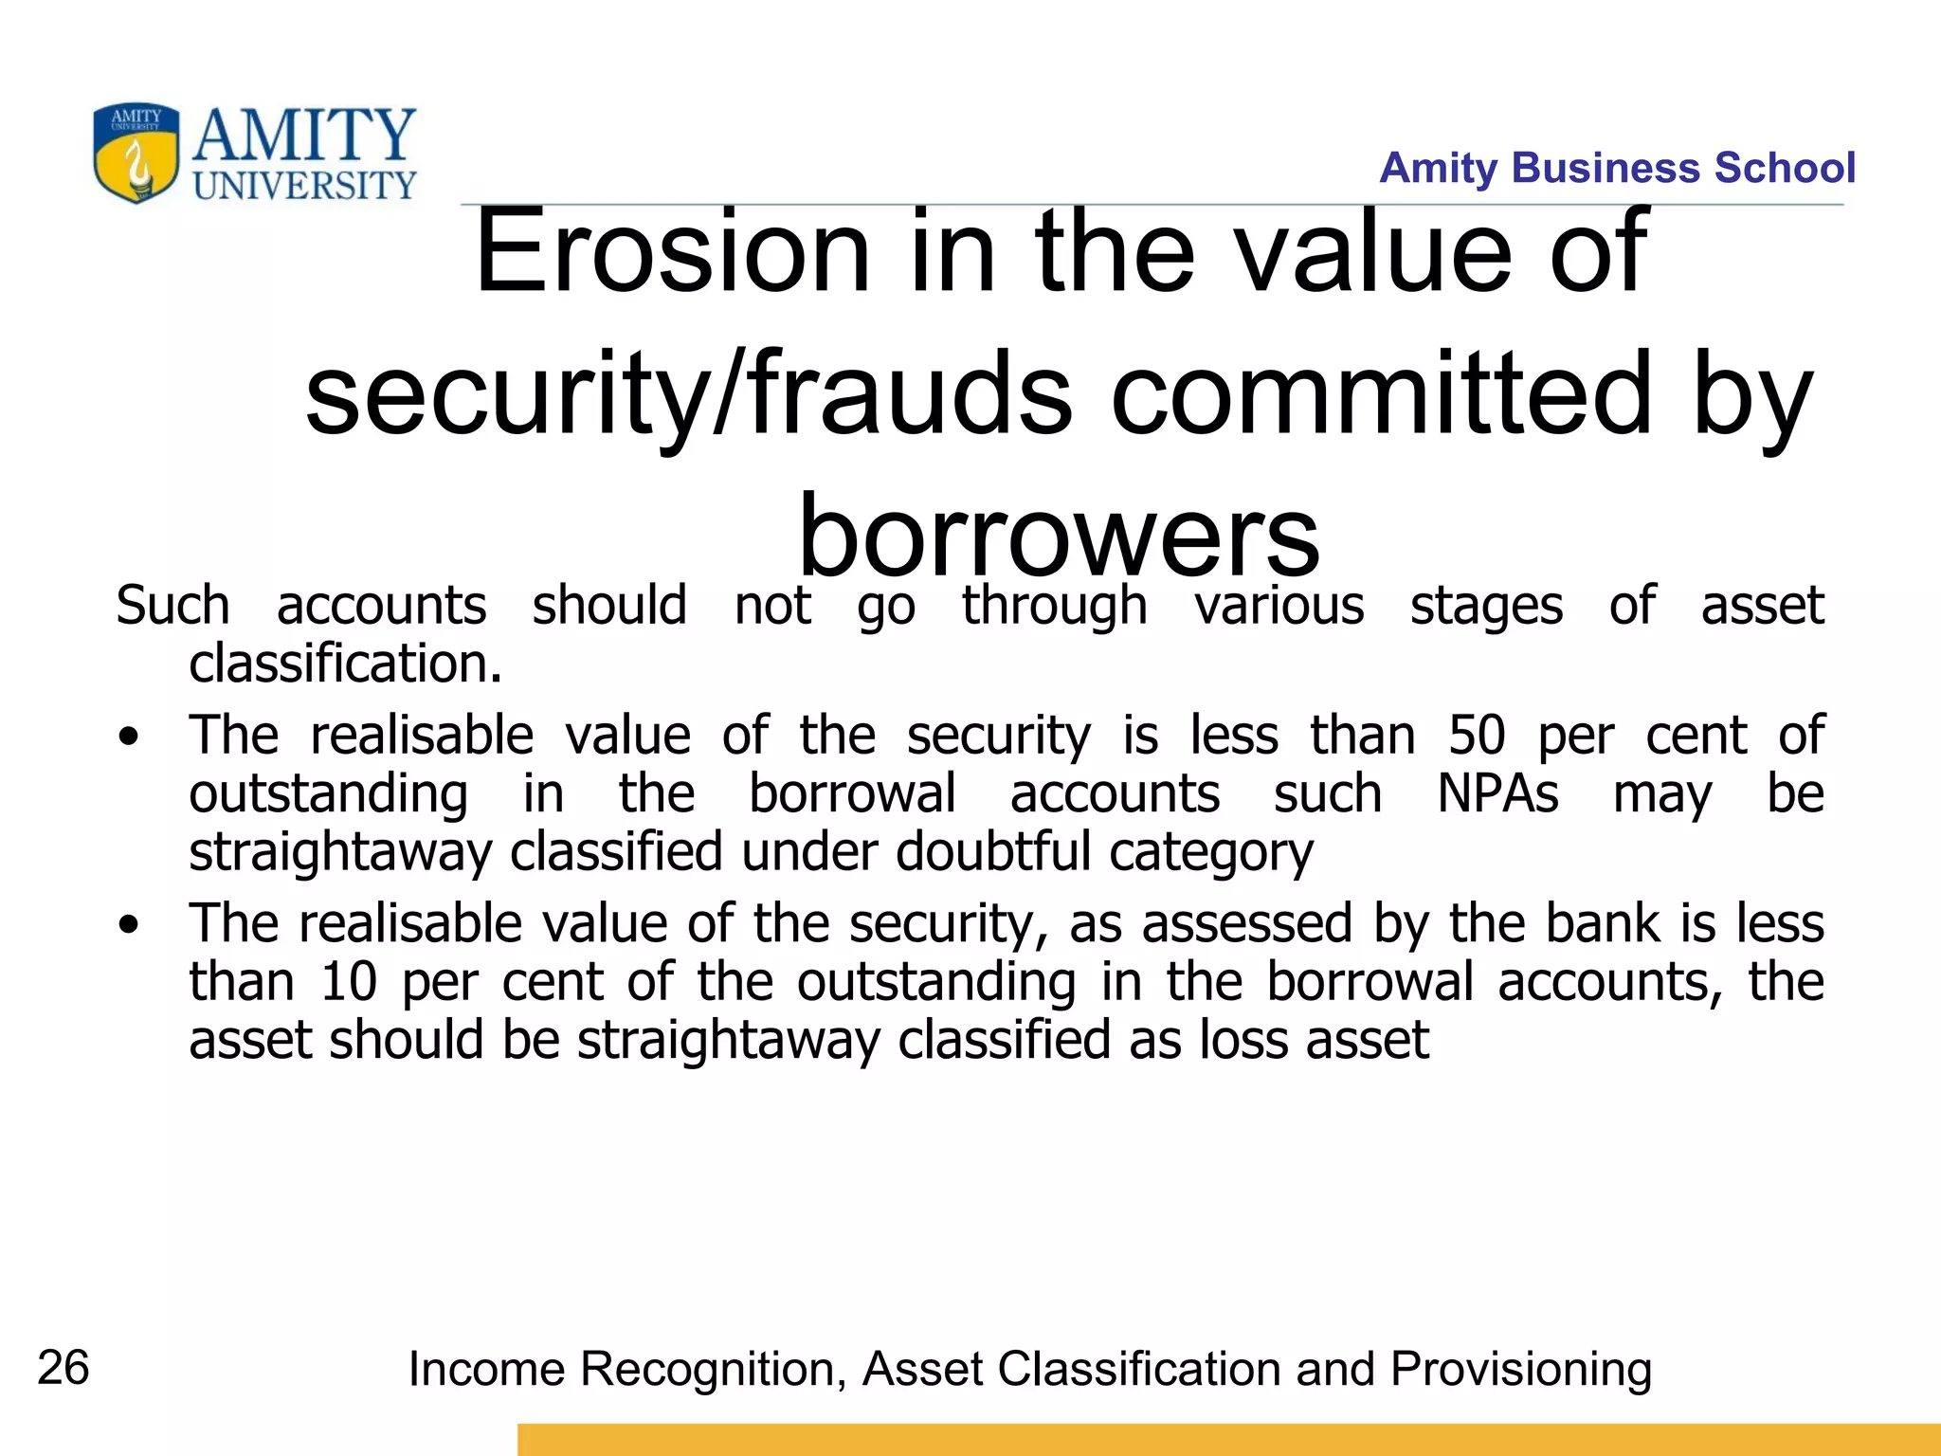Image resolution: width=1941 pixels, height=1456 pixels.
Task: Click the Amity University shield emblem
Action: [136, 154]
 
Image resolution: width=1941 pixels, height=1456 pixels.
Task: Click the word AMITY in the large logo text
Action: [304, 136]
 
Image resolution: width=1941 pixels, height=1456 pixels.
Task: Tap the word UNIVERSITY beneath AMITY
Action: [304, 186]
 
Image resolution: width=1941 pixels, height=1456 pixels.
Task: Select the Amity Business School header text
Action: [1617, 168]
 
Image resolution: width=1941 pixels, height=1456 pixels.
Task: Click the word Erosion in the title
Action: [672, 251]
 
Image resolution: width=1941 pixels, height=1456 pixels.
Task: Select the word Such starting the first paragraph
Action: [172, 606]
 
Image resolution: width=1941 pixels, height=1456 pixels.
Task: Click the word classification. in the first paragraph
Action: [345, 664]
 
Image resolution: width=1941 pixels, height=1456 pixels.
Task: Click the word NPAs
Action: [1497, 793]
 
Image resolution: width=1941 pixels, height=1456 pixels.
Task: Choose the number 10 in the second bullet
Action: [349, 982]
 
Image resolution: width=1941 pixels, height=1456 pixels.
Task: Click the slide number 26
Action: [63, 1368]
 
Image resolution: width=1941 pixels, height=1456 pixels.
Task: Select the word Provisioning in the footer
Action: [1521, 1370]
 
